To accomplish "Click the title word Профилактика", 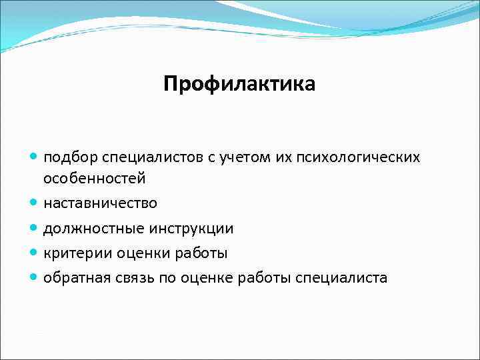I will coord(239,85).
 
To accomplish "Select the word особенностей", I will coord(94,179).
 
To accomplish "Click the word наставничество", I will coord(101,203).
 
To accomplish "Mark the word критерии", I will coord(71,253).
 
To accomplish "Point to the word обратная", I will coord(73,277).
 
